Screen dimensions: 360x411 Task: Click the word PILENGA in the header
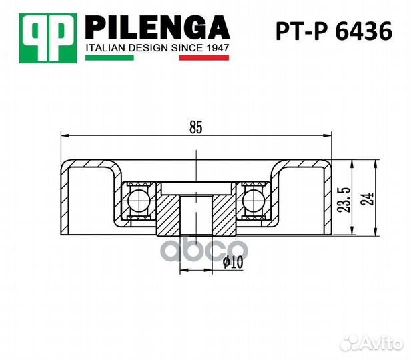point(157,27)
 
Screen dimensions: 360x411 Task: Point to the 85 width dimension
point(195,127)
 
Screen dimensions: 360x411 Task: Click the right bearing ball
point(253,198)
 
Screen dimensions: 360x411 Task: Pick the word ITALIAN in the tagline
point(107,48)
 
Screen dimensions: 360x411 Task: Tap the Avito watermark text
point(377,343)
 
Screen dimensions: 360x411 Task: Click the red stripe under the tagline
point(204,59)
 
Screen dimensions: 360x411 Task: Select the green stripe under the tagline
point(110,59)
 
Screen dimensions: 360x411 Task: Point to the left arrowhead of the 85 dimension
point(64,135)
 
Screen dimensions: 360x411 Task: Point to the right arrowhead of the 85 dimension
point(329,135)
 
